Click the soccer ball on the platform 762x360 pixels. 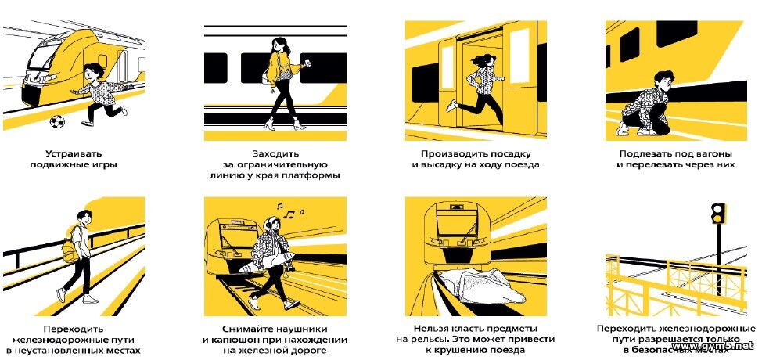(57, 121)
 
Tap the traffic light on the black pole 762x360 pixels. (717, 214)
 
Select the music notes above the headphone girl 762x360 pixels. (289, 211)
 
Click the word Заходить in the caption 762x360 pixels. (275, 154)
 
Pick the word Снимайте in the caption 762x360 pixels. (247, 329)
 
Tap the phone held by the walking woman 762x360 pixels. (307, 65)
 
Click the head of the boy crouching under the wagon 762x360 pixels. (664, 81)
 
